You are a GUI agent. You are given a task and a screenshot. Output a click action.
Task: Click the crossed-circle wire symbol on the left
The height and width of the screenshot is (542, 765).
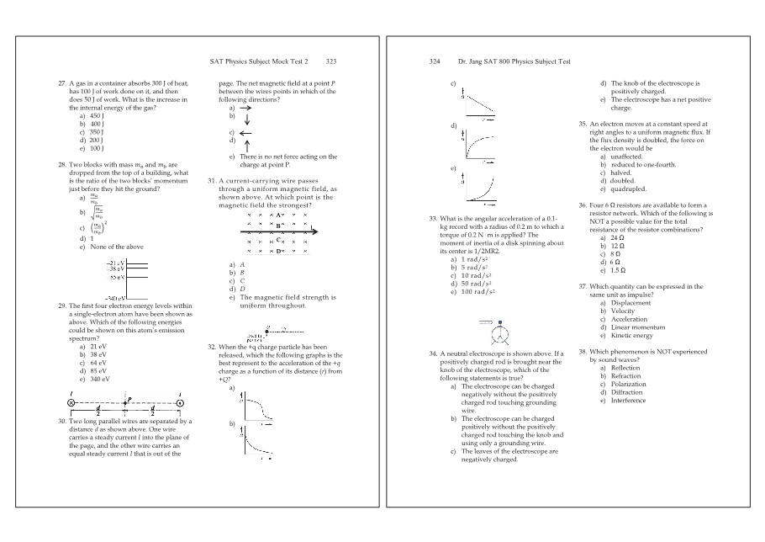(x=72, y=402)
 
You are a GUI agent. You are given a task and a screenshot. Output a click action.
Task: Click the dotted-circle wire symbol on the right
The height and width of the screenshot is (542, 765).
(x=180, y=402)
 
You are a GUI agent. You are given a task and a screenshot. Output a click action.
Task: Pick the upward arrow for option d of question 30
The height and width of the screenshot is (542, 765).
(x=246, y=147)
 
